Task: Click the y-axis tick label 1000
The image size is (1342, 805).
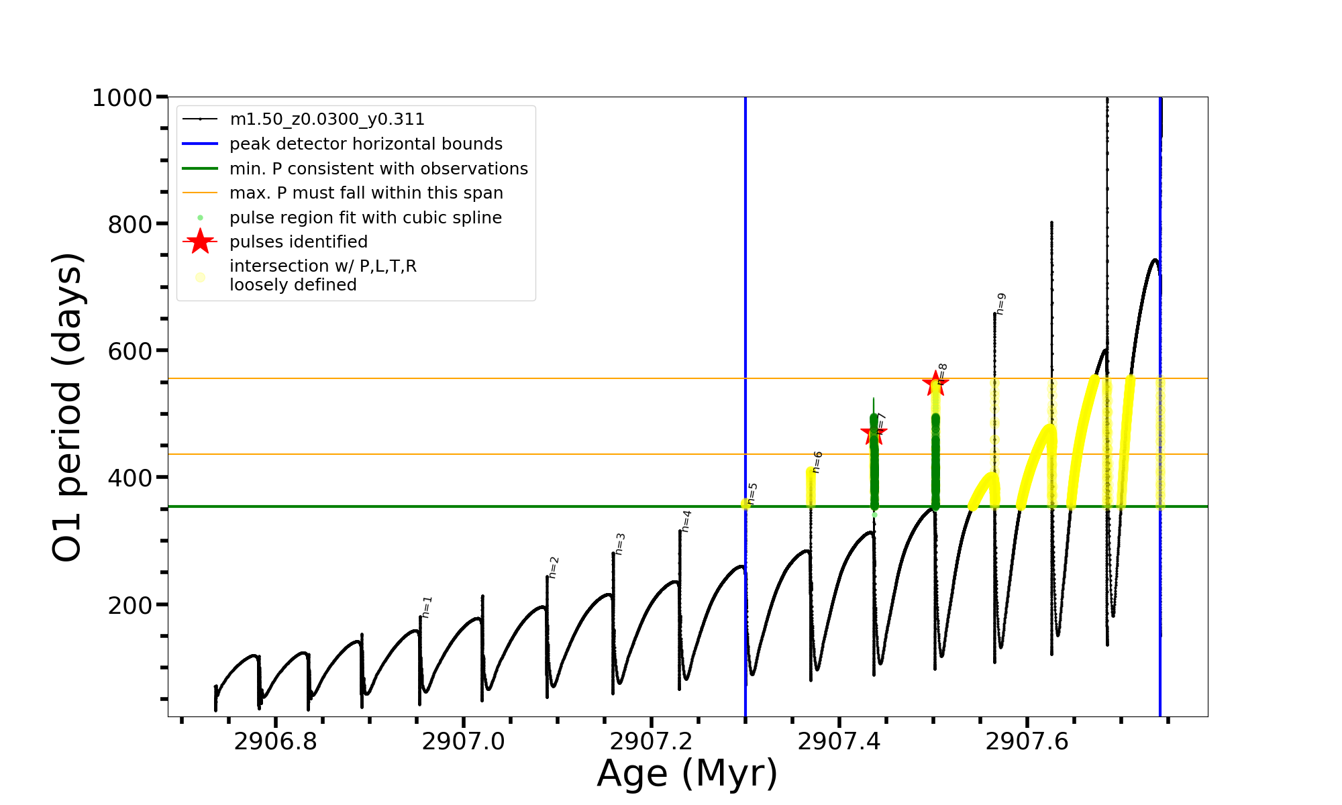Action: click(122, 98)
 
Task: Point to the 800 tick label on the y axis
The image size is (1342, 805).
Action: click(130, 225)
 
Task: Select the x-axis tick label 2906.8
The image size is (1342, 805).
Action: click(275, 741)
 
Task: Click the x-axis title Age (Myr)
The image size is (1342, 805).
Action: click(687, 773)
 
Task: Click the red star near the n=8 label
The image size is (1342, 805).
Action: click(935, 384)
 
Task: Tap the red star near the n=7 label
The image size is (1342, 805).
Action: click(874, 432)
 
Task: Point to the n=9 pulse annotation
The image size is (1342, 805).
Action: click(1000, 304)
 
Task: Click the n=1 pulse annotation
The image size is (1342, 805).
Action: click(427, 607)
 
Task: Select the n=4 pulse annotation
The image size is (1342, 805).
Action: click(686, 521)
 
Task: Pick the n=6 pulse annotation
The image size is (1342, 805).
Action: click(817, 462)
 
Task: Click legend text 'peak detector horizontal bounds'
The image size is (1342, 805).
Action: click(366, 144)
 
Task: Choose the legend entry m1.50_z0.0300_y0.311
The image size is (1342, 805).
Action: click(327, 119)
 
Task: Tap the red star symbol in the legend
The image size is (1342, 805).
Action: click(200, 241)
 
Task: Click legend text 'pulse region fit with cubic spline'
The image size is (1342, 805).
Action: click(366, 218)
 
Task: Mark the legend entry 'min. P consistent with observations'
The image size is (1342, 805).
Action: click(378, 169)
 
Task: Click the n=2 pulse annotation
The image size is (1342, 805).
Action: click(554, 568)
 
